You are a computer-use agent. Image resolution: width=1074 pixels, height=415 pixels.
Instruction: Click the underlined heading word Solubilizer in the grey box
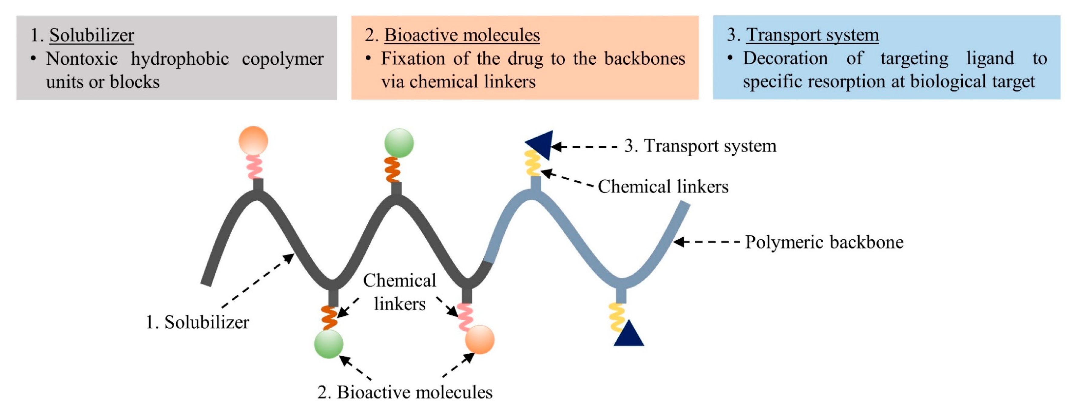(92, 35)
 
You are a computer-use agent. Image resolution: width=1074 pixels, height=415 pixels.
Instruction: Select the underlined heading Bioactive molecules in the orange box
(462, 35)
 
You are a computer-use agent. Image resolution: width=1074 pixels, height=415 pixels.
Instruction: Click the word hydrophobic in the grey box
(180, 59)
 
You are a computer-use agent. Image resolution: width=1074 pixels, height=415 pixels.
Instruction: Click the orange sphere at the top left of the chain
(253, 141)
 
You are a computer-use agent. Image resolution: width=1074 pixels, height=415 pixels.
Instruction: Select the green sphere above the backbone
(399, 143)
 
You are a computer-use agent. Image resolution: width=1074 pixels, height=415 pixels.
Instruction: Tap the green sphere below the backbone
(328, 344)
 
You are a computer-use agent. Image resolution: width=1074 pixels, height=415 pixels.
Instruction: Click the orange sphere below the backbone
(480, 339)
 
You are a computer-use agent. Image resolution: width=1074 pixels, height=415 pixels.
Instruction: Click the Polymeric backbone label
(824, 242)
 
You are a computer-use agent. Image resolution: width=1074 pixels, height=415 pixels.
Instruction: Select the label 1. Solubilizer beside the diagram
(197, 322)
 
